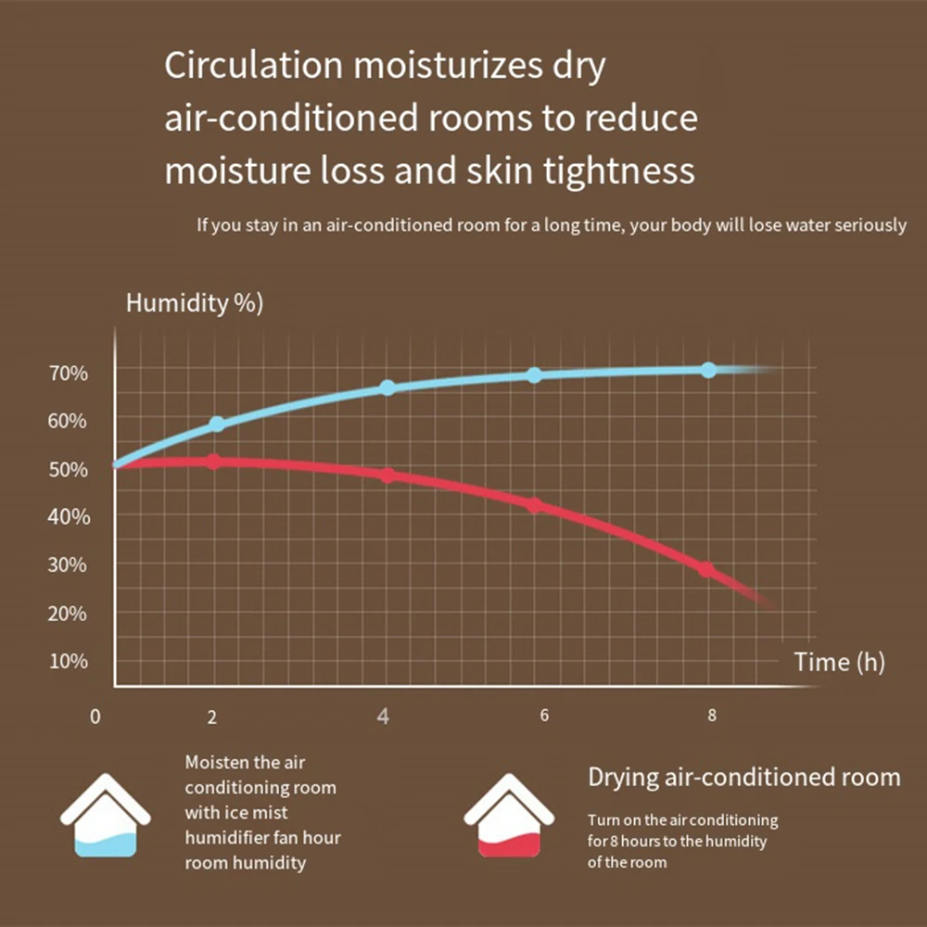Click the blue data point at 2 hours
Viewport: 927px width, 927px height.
point(217,424)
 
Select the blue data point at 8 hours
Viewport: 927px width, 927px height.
point(708,370)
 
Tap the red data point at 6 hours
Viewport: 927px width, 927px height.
point(535,505)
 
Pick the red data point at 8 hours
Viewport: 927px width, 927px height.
point(705,569)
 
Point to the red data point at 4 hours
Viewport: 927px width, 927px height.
point(387,476)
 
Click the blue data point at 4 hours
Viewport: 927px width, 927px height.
point(387,387)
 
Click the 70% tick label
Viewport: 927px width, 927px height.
point(69,374)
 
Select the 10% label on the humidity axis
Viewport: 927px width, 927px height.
point(69,661)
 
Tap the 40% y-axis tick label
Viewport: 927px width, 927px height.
point(69,517)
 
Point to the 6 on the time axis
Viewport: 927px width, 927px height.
point(544,716)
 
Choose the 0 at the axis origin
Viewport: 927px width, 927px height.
point(95,717)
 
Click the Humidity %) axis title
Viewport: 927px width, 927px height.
point(195,303)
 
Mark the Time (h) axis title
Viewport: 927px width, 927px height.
point(839,662)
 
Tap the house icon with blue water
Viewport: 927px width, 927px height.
point(106,815)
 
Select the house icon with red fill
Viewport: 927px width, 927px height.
point(509,815)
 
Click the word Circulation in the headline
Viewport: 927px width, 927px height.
point(253,65)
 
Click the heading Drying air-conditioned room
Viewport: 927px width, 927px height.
point(744,778)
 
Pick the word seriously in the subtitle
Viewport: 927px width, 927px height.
point(870,226)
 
